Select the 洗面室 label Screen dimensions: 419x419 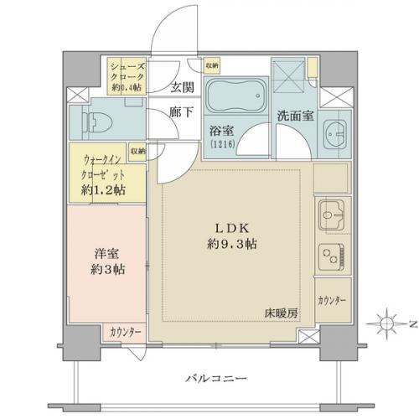(x=296, y=116)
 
